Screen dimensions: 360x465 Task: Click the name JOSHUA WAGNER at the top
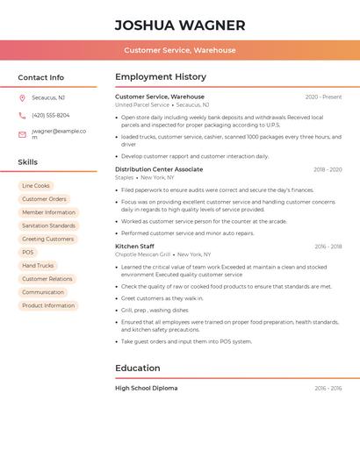click(180, 25)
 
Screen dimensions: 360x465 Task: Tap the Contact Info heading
click(41, 77)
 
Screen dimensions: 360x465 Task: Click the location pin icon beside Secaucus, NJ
click(22, 97)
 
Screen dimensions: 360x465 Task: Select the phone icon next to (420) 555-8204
click(22, 115)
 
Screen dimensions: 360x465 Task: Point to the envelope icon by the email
click(22, 134)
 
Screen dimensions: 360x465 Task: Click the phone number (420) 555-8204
click(51, 115)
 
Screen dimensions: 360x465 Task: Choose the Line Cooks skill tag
click(36, 186)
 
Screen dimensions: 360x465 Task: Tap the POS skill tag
click(28, 252)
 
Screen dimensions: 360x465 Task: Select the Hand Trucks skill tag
click(38, 265)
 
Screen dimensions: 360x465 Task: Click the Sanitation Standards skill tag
click(48, 225)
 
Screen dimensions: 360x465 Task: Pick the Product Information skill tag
click(48, 305)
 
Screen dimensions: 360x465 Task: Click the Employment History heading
click(161, 77)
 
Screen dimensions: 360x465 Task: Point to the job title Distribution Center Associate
click(159, 169)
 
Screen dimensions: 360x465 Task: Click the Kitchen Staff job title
click(134, 247)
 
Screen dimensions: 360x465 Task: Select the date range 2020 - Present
click(323, 97)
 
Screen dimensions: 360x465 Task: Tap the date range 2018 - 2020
click(328, 169)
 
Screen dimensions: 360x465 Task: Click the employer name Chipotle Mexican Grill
click(143, 254)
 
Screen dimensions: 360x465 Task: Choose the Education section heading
click(138, 368)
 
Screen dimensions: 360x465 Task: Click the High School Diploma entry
click(146, 388)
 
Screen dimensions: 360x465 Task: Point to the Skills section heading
click(28, 162)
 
